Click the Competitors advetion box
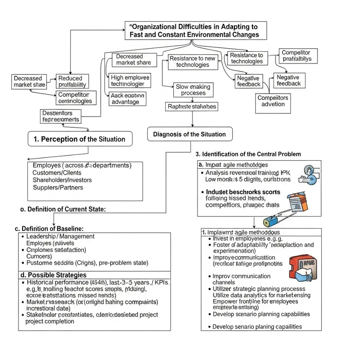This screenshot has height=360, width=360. pyautogui.click(x=273, y=101)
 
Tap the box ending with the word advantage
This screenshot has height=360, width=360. pyautogui.click(x=127, y=99)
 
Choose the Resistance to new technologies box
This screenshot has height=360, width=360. pyautogui.click(x=193, y=62)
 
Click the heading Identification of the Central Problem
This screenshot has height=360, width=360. pyautogui.click(x=248, y=154)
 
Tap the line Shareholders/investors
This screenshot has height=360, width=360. pyautogui.click(x=62, y=180)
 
